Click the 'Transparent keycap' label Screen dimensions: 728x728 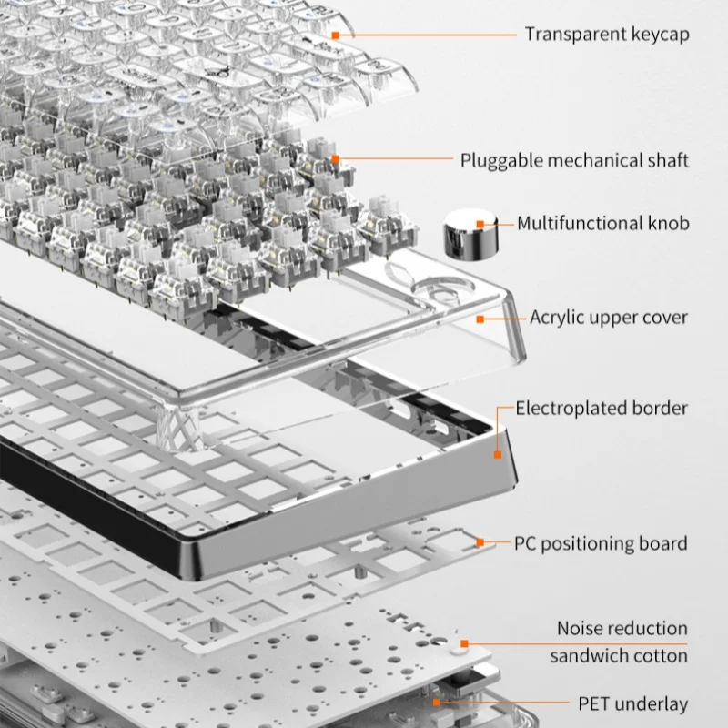coord(607,35)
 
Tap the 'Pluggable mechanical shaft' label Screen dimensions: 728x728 coord(574,160)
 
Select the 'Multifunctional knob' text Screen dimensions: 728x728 coord(603,223)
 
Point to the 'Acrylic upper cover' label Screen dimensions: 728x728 coord(609,318)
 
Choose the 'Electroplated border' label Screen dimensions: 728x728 coord(602,408)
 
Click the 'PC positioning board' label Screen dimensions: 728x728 coord(601,544)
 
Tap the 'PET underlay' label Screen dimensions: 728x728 coord(633,703)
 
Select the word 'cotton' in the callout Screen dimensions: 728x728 coord(660,655)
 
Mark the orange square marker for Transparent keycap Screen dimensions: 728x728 coord(335,35)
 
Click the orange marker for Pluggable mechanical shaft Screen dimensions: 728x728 coord(335,160)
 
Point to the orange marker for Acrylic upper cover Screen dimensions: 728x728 coord(481,318)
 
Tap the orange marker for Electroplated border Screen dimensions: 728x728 coord(498,452)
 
